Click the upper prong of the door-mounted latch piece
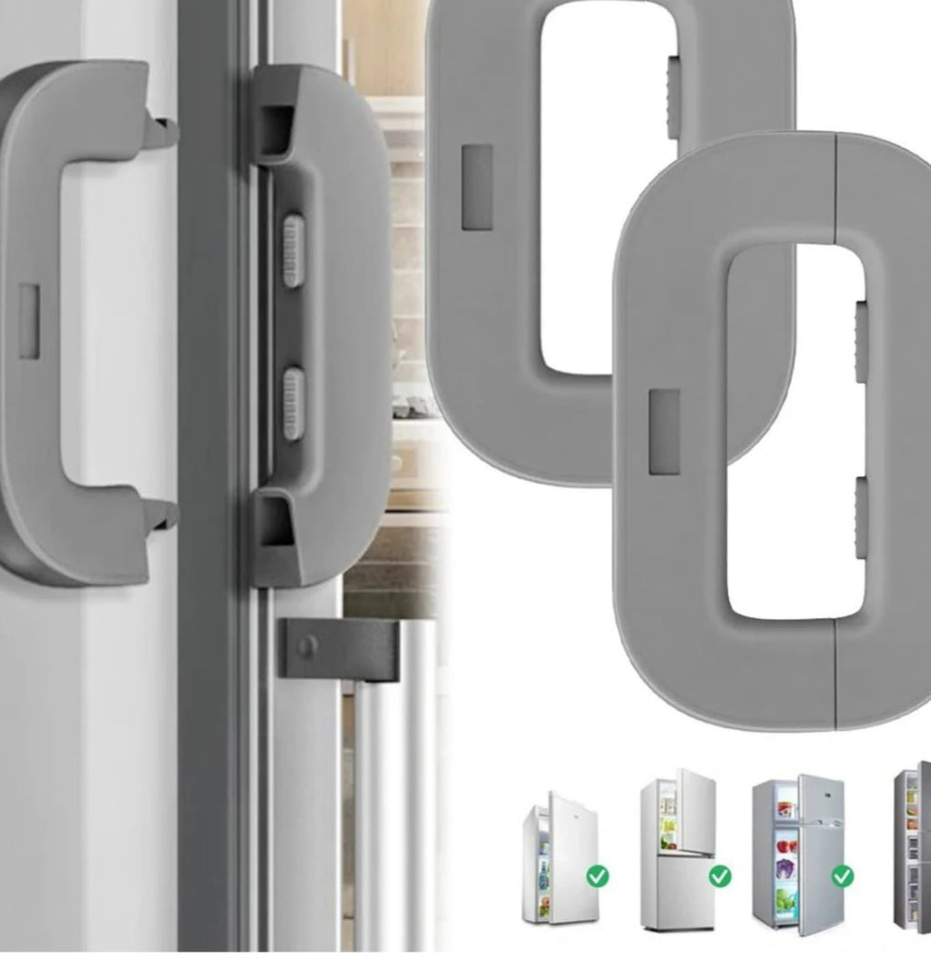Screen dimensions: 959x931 pos(164,132)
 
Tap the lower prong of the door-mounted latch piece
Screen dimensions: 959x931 pos(164,514)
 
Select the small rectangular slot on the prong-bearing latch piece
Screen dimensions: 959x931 pos(29,320)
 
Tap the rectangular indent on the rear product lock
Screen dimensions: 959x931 pos(477,186)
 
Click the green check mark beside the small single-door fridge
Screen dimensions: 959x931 pos(597,876)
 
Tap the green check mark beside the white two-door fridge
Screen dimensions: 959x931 pos(720,876)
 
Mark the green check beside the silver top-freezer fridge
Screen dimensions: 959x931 pos(843,876)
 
